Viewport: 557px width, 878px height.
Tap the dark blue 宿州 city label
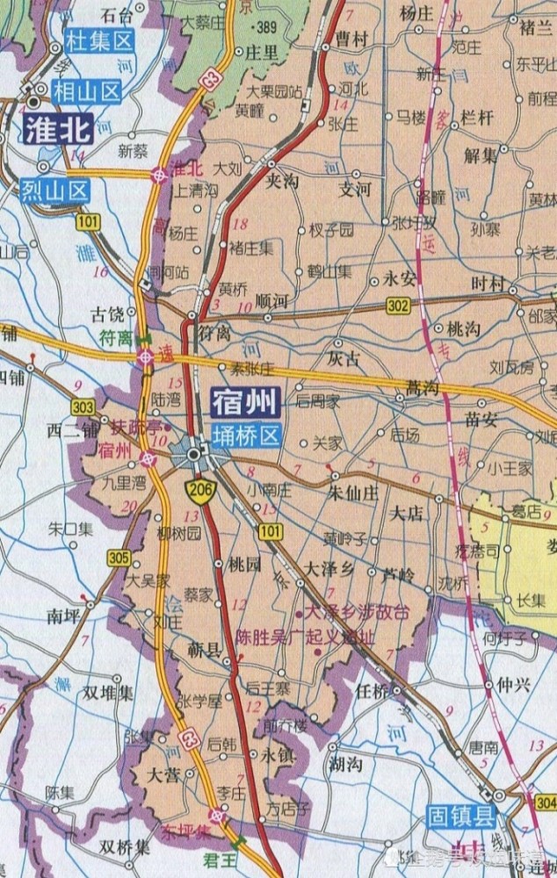point(245,402)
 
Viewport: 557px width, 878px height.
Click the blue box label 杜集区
point(98,41)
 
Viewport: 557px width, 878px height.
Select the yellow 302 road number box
point(397,305)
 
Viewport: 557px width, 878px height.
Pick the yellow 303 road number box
point(84,407)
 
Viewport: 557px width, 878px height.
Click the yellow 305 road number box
point(117,556)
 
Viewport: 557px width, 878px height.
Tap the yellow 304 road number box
point(545,802)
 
